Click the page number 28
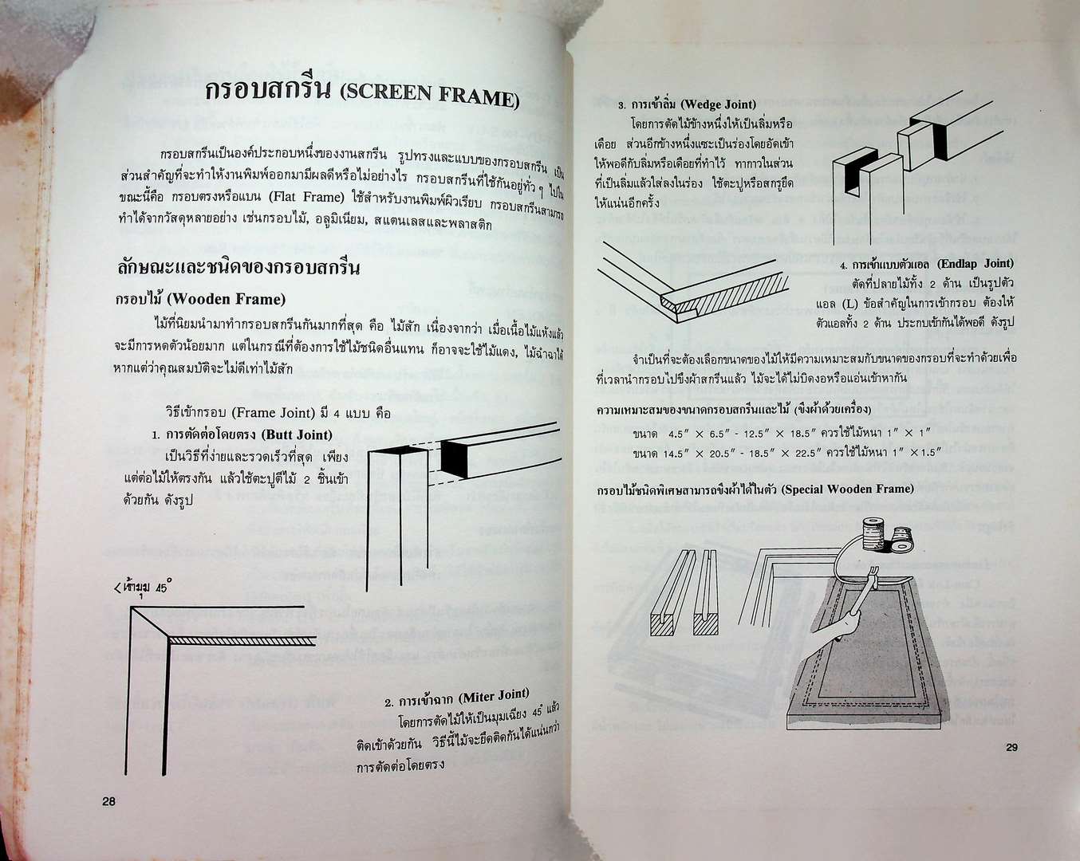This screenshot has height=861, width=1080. coord(108,801)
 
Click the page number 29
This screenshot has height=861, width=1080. coord(1011,747)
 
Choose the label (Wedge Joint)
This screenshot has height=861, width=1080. coord(719,104)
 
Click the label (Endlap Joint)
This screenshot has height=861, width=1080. coord(975,263)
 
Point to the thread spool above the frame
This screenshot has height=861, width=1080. coord(876,533)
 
